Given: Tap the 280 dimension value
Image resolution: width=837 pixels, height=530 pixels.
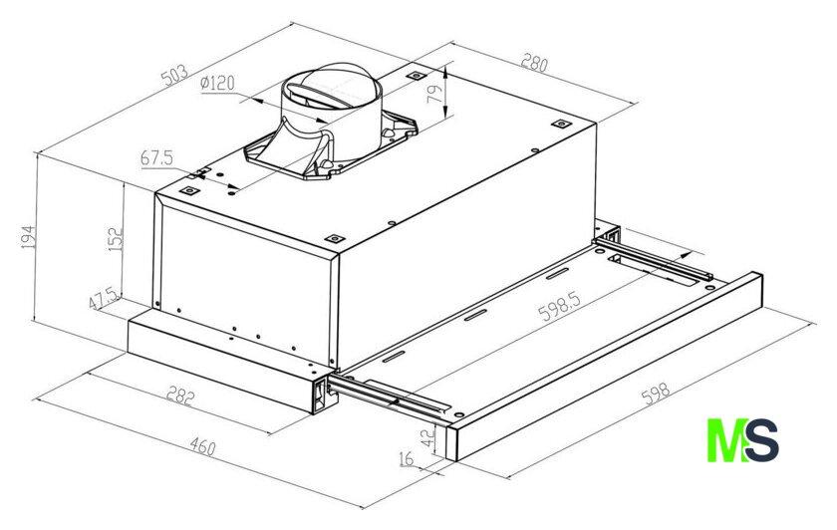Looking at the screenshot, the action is click(x=534, y=63).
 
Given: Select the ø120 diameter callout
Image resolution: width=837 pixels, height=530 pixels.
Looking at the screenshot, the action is click(x=217, y=83).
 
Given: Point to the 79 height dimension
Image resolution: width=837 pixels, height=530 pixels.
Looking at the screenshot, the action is click(x=436, y=94).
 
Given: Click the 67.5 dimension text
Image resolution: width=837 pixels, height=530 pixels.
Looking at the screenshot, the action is click(x=156, y=158).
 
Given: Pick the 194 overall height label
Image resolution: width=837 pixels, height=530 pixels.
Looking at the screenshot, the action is click(x=28, y=237).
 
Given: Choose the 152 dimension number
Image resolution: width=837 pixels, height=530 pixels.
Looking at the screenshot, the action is click(x=115, y=240).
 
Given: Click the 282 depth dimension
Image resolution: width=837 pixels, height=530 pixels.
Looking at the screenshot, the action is click(x=180, y=397).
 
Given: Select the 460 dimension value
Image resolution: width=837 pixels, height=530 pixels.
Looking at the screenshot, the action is click(x=202, y=446).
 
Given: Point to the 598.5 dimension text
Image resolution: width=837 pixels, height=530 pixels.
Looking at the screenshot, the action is click(x=559, y=306).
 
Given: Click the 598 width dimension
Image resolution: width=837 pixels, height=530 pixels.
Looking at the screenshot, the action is click(x=655, y=394).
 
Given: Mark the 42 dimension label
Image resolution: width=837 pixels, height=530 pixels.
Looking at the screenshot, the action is click(x=428, y=438).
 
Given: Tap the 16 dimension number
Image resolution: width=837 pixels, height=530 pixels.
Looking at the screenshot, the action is click(x=407, y=458).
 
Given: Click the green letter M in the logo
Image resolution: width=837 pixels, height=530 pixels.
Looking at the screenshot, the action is click(x=726, y=440).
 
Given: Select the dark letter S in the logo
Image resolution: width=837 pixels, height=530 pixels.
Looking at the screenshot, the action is click(x=761, y=440).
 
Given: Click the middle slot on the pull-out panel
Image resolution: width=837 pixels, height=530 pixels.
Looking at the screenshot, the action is click(x=475, y=316).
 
